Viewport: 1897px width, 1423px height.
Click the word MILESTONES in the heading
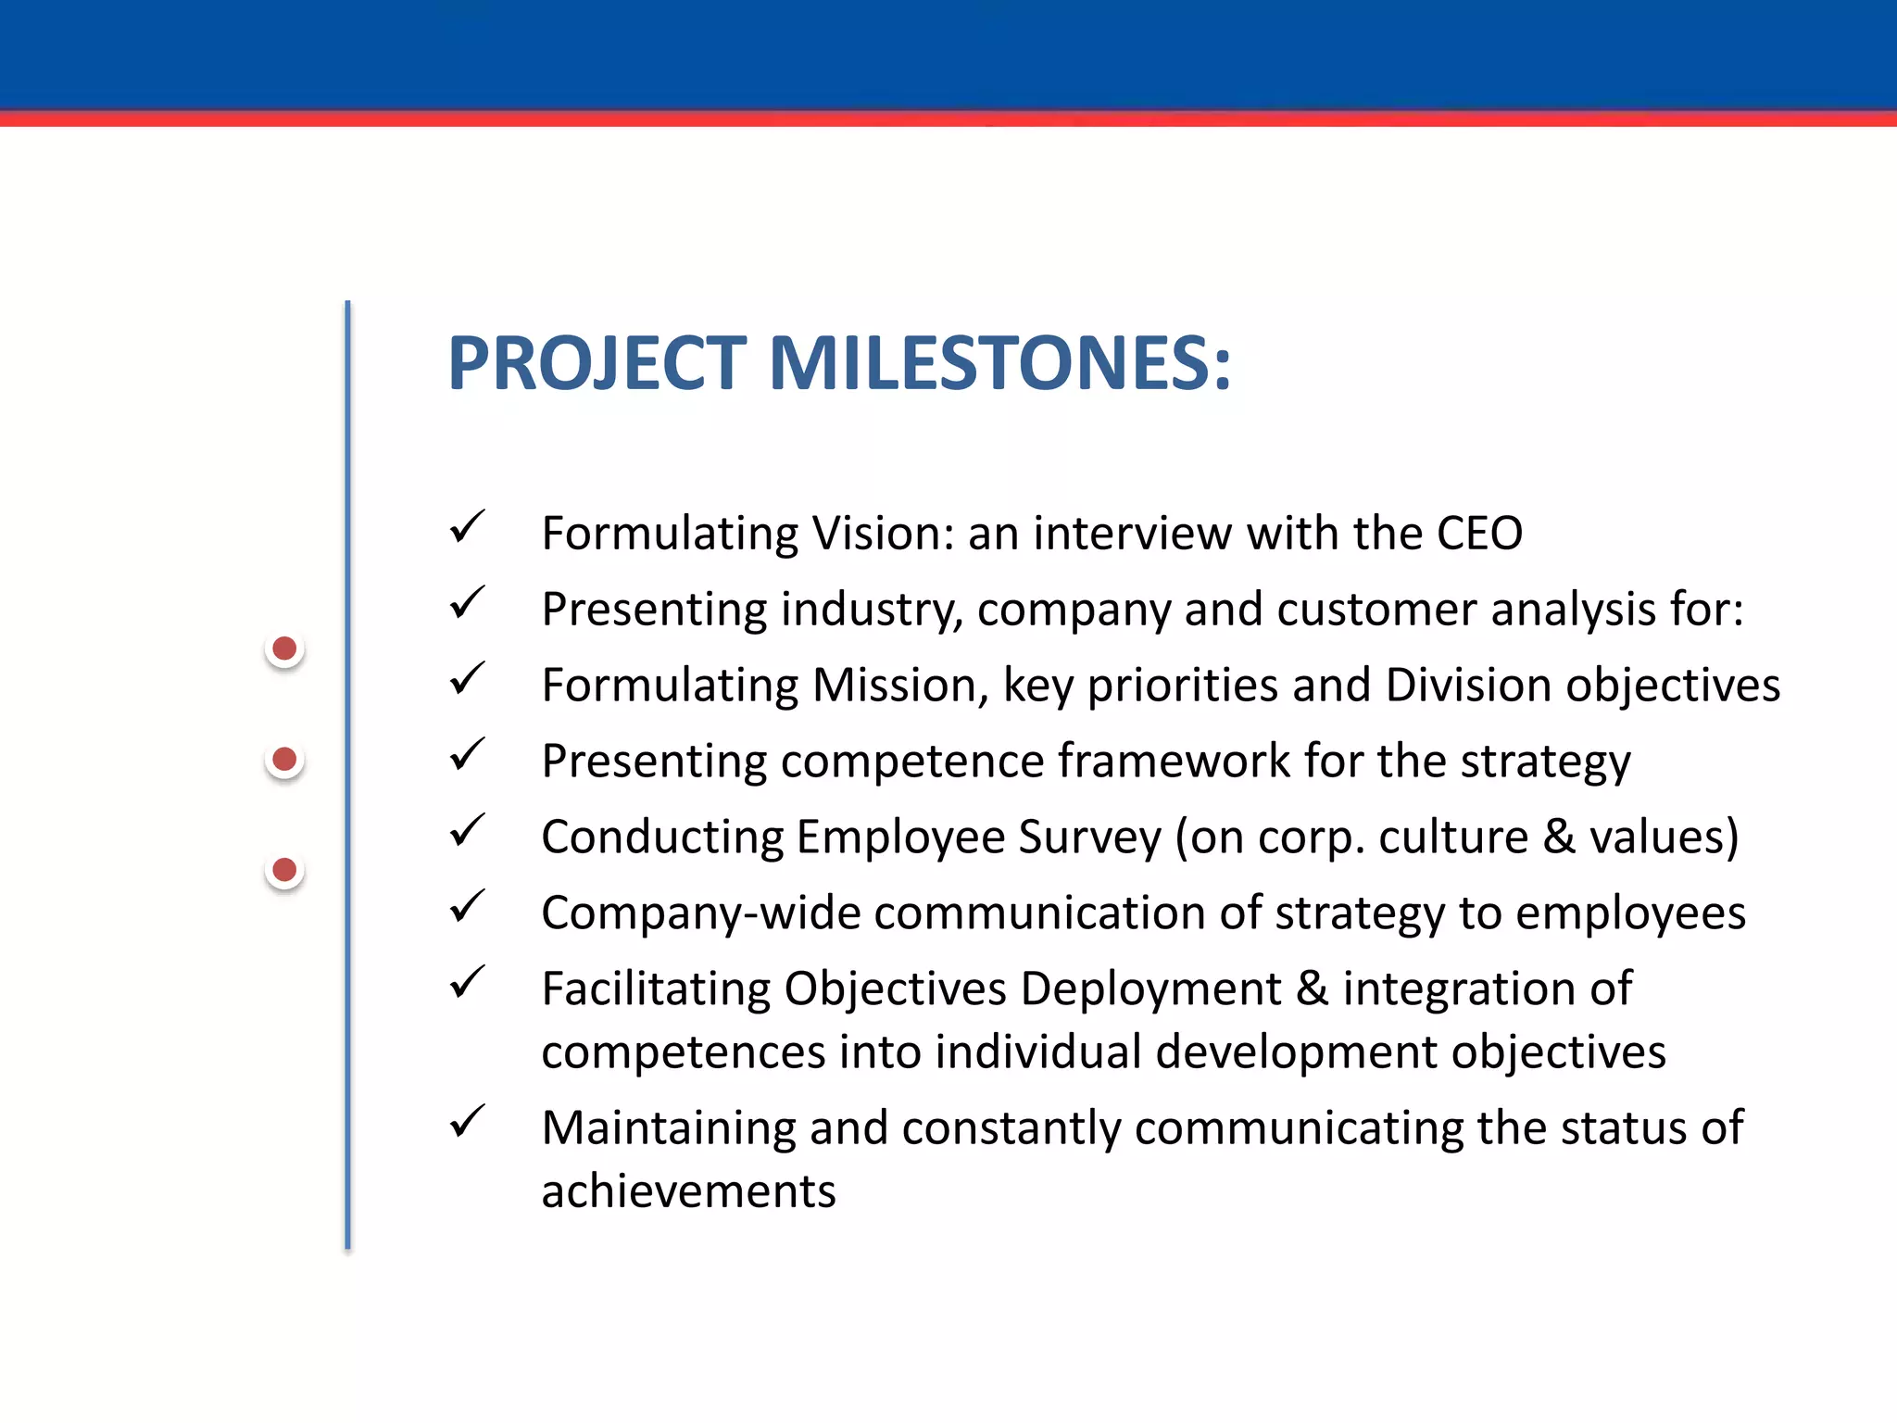(x=999, y=363)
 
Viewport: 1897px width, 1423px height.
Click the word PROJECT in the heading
(x=597, y=363)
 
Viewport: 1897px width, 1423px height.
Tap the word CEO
(x=1478, y=534)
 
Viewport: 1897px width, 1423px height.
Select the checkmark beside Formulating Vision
(x=467, y=528)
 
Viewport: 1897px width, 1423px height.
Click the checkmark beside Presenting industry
(x=467, y=604)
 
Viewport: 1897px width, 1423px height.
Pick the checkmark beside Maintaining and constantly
(x=467, y=1122)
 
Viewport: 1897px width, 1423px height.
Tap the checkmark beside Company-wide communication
(x=467, y=907)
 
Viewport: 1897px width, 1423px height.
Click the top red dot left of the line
(x=284, y=649)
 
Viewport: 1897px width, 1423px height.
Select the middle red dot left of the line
(x=284, y=760)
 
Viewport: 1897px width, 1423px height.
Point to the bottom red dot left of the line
(x=284, y=870)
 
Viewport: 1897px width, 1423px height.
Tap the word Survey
(x=1089, y=837)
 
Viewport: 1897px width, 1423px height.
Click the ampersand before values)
(x=1559, y=837)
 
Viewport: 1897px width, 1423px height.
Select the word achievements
(x=688, y=1191)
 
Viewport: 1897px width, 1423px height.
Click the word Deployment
(x=1150, y=989)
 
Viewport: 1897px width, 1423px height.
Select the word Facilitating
(x=656, y=989)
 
